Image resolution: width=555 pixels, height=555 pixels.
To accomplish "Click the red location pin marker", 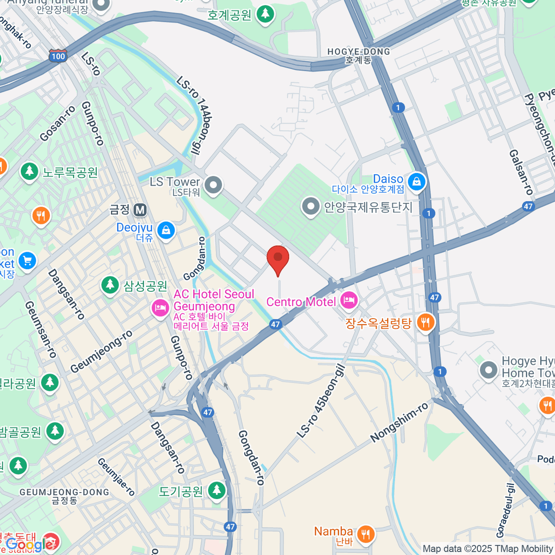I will click(x=278, y=259).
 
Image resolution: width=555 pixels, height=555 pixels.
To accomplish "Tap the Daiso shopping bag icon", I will click(x=417, y=182).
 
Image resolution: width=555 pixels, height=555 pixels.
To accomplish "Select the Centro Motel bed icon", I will click(x=349, y=301).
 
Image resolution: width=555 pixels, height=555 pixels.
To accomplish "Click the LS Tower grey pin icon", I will click(x=213, y=185).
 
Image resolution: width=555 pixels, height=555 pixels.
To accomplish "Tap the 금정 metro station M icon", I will click(x=140, y=210).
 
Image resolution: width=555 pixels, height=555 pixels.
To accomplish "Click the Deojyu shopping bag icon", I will click(x=166, y=230).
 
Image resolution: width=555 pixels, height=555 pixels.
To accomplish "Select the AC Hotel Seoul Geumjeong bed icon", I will click(x=160, y=308).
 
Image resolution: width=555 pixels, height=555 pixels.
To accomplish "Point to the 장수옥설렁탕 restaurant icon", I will click(x=425, y=322).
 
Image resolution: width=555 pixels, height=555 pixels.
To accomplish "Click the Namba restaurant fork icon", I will click(x=366, y=534).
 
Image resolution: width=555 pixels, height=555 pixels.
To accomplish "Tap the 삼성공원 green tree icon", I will click(x=110, y=285).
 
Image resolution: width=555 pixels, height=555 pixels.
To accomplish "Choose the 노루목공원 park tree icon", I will click(x=30, y=172).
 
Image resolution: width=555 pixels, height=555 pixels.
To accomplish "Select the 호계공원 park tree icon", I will click(x=265, y=14).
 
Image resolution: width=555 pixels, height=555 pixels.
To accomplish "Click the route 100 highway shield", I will click(x=58, y=56).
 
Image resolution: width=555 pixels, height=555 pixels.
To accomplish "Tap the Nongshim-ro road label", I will click(x=400, y=422).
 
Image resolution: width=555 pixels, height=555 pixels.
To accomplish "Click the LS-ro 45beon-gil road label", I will click(x=321, y=401).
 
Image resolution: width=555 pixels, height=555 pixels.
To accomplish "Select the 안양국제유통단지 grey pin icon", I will click(x=310, y=207).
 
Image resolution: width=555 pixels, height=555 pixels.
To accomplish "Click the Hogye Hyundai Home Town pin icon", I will click(x=488, y=370).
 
